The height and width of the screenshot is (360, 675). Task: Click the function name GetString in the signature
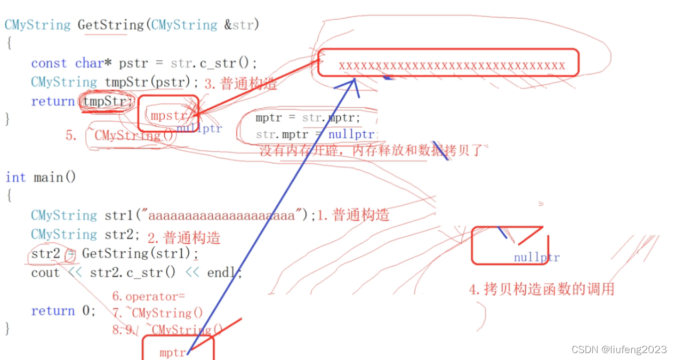click(110, 25)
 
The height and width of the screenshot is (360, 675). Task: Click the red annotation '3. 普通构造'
click(233, 84)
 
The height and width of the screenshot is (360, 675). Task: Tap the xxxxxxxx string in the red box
click(452, 66)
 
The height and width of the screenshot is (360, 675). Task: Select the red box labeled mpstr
click(168, 114)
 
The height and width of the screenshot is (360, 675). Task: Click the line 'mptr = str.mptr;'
click(308, 118)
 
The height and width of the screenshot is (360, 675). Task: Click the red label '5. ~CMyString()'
click(120, 135)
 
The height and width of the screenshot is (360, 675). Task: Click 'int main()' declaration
click(41, 177)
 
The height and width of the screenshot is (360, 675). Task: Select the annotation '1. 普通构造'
click(353, 215)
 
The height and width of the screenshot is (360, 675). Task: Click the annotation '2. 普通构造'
click(184, 237)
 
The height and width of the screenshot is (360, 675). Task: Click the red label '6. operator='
click(148, 297)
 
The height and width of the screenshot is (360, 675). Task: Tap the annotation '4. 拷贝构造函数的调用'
click(542, 289)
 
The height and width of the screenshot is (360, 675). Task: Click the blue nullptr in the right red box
click(536, 258)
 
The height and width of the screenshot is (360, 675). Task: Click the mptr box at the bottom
click(178, 348)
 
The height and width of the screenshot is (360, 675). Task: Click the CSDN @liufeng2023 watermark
click(619, 349)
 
